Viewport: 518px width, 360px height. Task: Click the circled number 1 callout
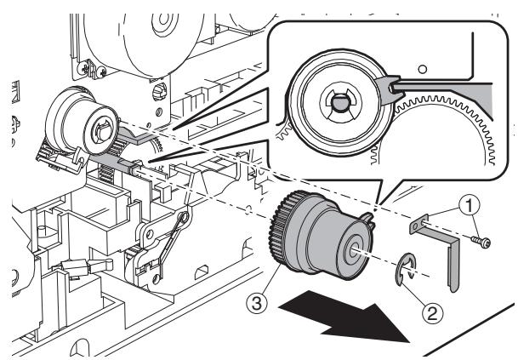click(x=469, y=206)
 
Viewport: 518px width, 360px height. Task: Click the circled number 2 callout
click(x=432, y=313)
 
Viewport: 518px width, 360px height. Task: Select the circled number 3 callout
click(x=257, y=303)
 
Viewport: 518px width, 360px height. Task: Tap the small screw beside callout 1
click(x=481, y=243)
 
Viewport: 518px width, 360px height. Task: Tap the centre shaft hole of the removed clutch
click(x=353, y=249)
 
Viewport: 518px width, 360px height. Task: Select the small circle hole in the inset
click(x=422, y=70)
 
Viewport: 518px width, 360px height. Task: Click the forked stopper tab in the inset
click(x=390, y=89)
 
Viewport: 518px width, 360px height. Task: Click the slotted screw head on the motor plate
click(x=160, y=92)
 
